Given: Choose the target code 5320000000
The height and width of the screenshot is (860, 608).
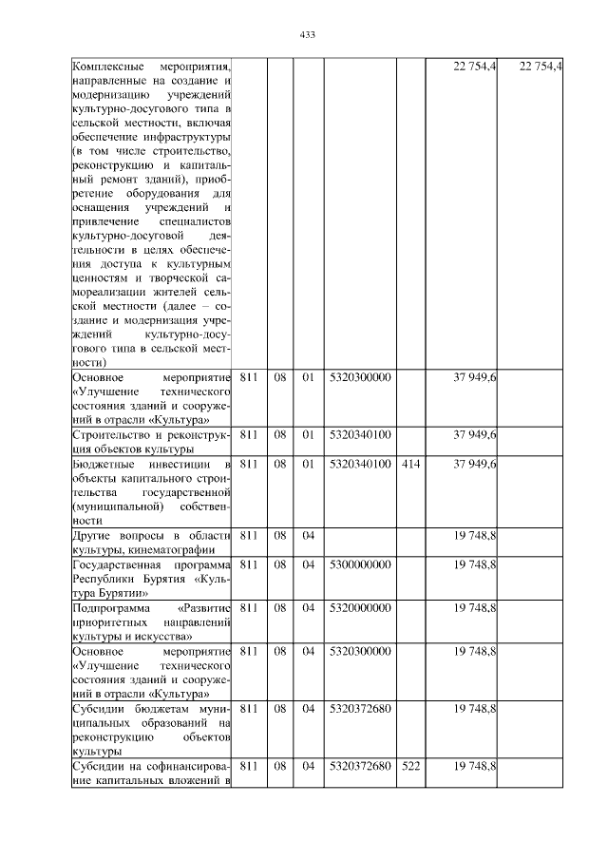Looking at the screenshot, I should click(x=360, y=606).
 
